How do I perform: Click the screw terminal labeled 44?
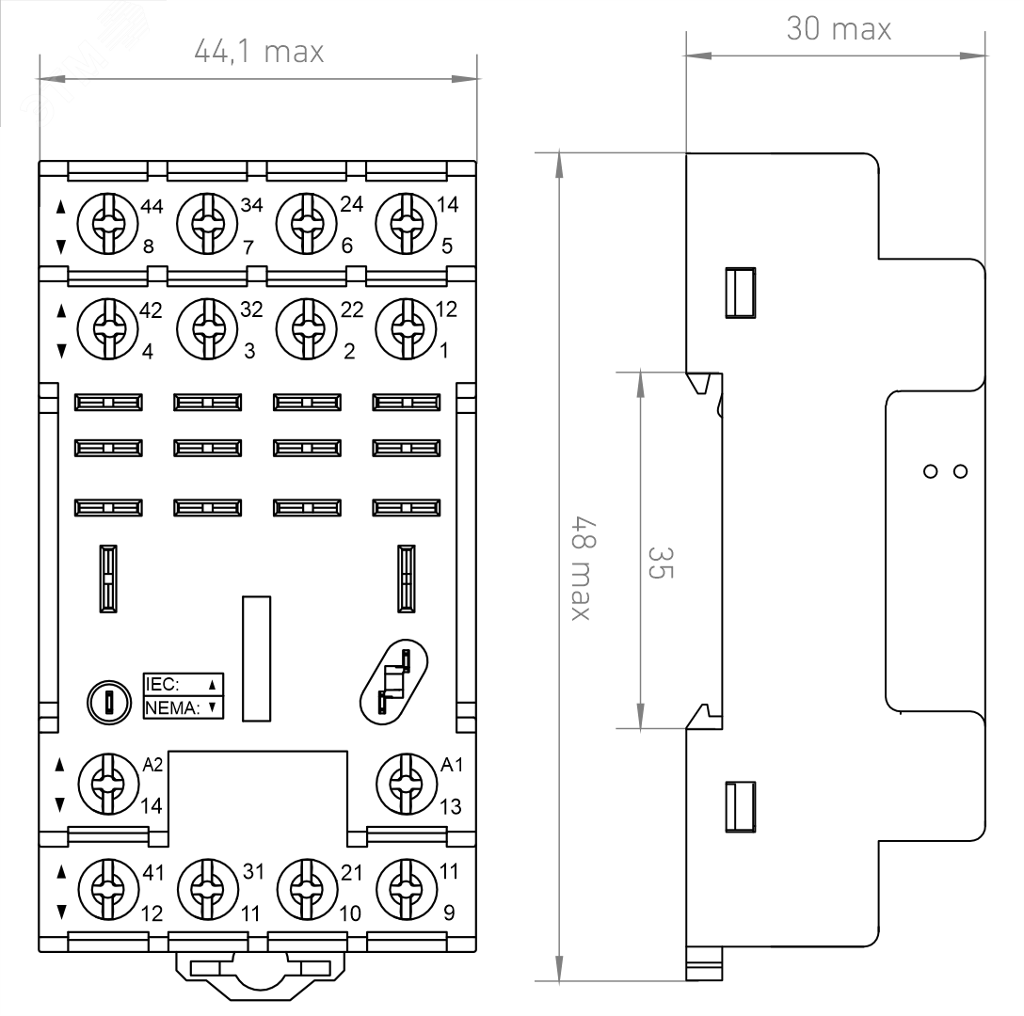tap(107, 223)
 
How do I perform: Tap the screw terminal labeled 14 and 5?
tap(406, 223)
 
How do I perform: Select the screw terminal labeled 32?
tap(207, 329)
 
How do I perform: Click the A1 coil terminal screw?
tap(407, 785)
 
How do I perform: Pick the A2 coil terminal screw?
tap(108, 785)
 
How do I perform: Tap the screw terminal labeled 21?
tap(308, 889)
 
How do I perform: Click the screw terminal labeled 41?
tap(108, 889)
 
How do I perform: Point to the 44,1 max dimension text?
tap(259, 52)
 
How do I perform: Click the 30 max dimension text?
tap(839, 29)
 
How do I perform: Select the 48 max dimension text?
tap(583, 567)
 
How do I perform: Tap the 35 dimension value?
tap(660, 563)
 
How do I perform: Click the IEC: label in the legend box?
tap(161, 684)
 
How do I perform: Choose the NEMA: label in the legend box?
tap(172, 707)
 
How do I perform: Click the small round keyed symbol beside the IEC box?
tap(109, 703)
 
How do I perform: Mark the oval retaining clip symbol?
tap(393, 682)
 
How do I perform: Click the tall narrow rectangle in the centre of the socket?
tap(257, 659)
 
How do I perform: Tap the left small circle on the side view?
tap(931, 471)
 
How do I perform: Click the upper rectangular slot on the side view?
tap(741, 293)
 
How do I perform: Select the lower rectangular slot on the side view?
tap(741, 807)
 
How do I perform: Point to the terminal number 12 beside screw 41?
tap(152, 913)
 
